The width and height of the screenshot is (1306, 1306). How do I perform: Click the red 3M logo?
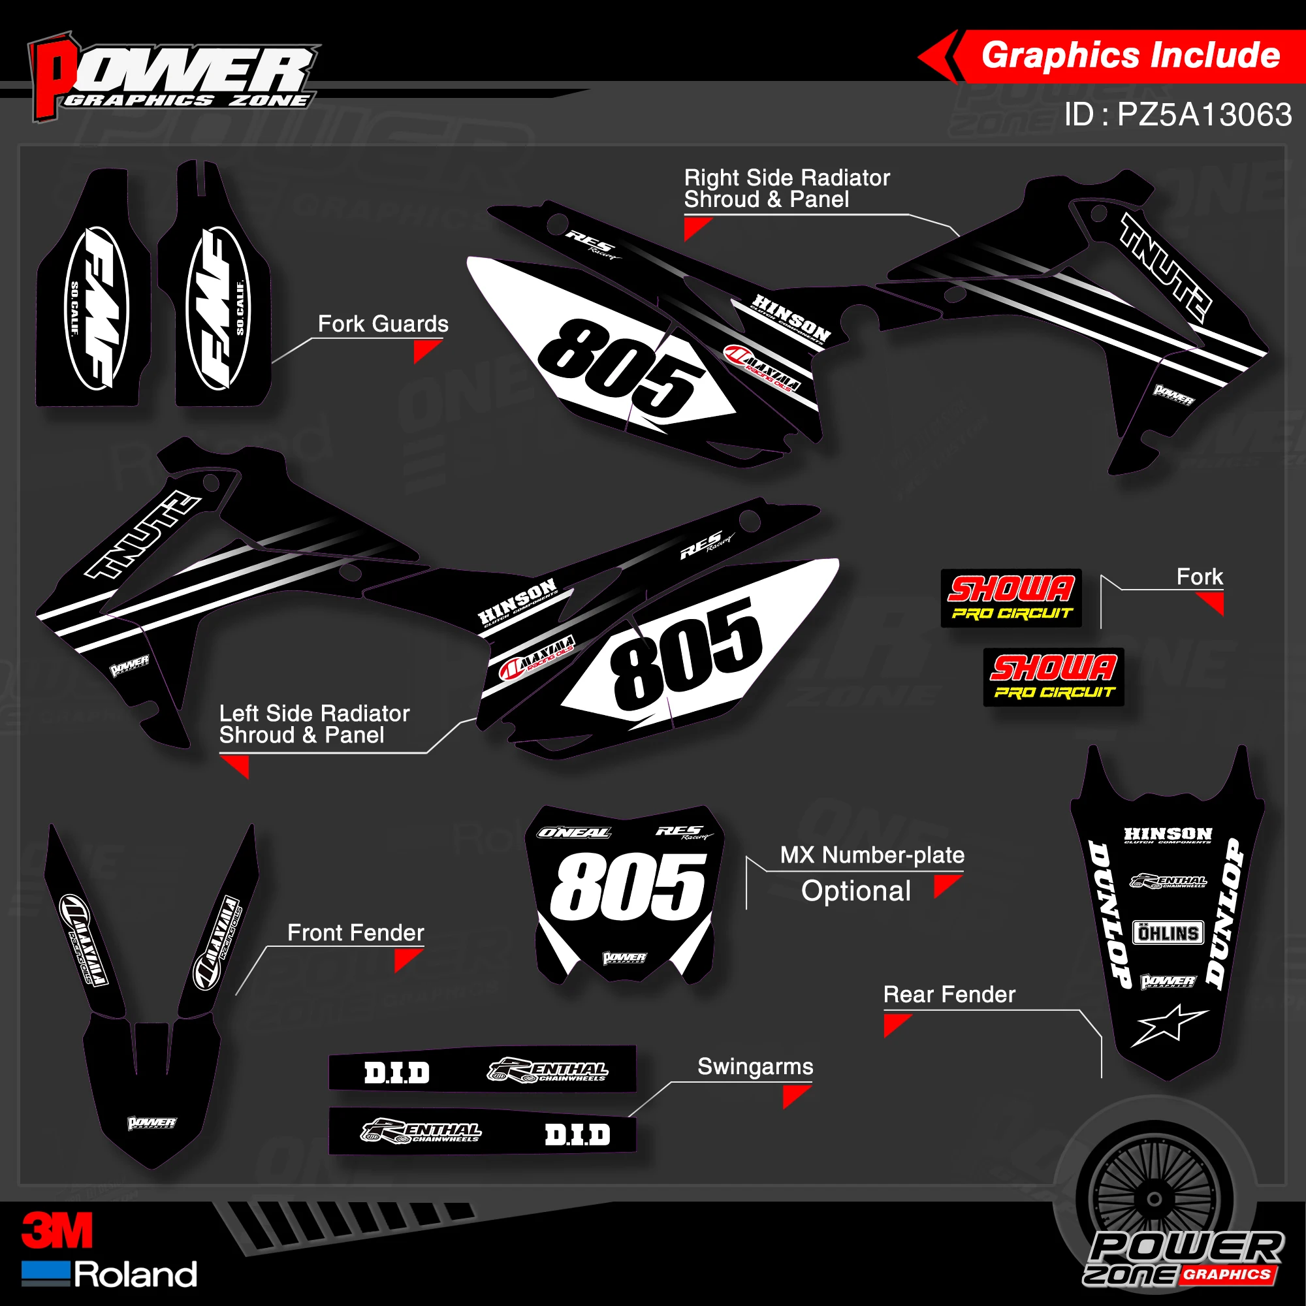[x=57, y=1230]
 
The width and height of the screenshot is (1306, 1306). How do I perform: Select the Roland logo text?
[x=135, y=1274]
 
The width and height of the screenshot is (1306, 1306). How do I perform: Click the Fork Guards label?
[x=383, y=324]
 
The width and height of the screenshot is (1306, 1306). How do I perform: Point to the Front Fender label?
[x=356, y=933]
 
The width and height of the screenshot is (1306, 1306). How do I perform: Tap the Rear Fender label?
[x=949, y=995]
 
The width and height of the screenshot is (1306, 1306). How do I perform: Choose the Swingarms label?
[x=755, y=1066]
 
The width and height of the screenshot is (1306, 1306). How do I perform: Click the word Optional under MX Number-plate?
[x=856, y=891]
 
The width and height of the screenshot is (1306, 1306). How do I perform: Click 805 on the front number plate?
[x=628, y=885]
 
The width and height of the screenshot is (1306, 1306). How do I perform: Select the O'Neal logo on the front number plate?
[x=573, y=833]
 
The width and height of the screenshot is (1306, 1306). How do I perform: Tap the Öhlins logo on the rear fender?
[x=1168, y=933]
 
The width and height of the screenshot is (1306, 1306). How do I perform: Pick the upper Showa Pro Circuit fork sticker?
[x=1011, y=597]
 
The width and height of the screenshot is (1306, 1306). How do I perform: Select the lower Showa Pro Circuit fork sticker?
[x=1053, y=677]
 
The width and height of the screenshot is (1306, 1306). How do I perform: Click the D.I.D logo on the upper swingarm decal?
[x=397, y=1073]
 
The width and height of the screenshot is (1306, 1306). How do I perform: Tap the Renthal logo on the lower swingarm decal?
[x=421, y=1131]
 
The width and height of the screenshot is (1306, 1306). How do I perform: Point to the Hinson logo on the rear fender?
[x=1168, y=836]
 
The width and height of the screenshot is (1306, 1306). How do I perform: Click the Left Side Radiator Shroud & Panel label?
[x=314, y=724]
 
